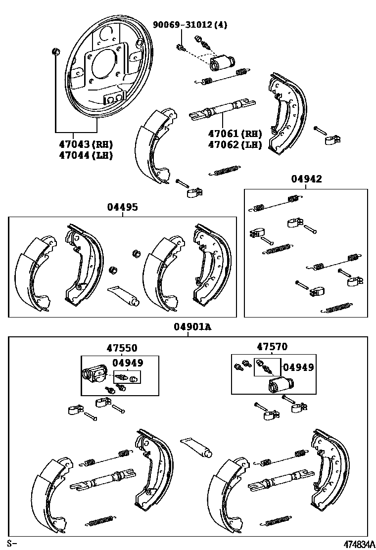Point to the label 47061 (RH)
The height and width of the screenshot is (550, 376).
pos(235,134)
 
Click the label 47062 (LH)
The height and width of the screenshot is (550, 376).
pos(235,144)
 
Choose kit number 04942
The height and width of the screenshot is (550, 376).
pos(306,179)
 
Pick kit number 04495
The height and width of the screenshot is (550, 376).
pos(122,207)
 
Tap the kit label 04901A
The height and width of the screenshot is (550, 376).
pos(188,327)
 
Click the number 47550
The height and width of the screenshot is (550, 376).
pos(122,348)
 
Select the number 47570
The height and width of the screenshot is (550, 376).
pos(272,347)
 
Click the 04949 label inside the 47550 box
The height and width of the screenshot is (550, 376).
pos(128,363)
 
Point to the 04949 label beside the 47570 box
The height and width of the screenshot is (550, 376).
pos(298,367)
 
